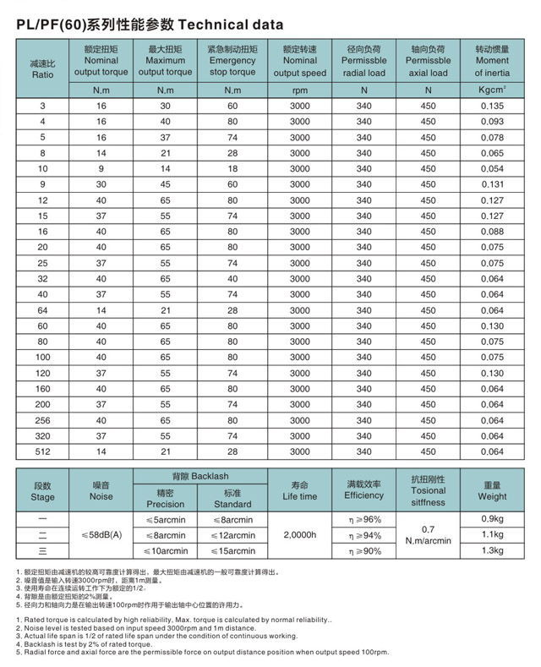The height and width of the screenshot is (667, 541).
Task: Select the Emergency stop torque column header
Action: pyautogui.click(x=232, y=61)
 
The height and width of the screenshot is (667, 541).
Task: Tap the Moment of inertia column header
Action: pyautogui.click(x=491, y=61)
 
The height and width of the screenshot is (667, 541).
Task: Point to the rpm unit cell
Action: pyautogui.click(x=299, y=90)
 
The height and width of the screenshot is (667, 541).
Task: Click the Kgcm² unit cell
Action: pyautogui.click(x=491, y=90)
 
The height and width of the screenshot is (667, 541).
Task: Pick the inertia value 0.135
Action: pyautogui.click(x=491, y=106)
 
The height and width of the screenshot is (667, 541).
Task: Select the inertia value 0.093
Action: pyautogui.click(x=491, y=122)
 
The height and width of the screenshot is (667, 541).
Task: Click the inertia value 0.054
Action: pyautogui.click(x=491, y=168)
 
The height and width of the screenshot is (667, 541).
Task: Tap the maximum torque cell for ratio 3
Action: pyautogui.click(x=166, y=106)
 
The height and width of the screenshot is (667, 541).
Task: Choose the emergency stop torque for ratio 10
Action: pyautogui.click(x=232, y=168)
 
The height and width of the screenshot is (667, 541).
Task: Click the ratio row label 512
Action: pyautogui.click(x=42, y=452)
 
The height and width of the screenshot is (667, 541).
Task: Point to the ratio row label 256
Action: pyautogui.click(x=42, y=420)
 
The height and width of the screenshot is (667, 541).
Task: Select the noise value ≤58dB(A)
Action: pyautogui.click(x=101, y=535)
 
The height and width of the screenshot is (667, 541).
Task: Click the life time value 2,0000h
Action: pyautogui.click(x=299, y=535)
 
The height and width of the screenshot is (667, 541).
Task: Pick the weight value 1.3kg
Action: pyautogui.click(x=492, y=551)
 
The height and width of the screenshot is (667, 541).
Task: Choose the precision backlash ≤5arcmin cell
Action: pyautogui.click(x=166, y=519)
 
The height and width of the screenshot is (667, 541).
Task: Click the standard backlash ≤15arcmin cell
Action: pyautogui.click(x=232, y=551)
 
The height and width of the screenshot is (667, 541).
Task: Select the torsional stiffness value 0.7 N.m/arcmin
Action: pyautogui.click(x=428, y=535)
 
